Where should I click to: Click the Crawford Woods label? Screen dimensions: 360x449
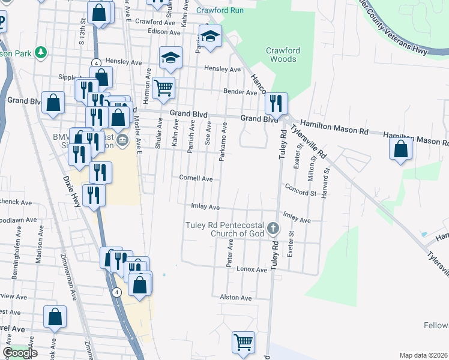point(282,55)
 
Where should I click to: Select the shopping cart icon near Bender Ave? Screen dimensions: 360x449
point(163,88)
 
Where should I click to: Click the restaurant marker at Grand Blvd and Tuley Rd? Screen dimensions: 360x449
point(276,103)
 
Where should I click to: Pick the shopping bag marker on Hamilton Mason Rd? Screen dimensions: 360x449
point(401,149)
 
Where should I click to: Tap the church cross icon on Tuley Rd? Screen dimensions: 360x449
point(273,228)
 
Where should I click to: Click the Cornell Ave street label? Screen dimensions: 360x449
point(196,178)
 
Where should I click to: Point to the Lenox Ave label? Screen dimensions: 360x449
point(252,270)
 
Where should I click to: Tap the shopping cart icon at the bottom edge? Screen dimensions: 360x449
point(243,343)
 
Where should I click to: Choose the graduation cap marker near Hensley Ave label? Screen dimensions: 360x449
point(170,58)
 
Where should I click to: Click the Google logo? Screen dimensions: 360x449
point(20,353)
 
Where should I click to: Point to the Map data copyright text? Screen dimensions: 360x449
point(423,355)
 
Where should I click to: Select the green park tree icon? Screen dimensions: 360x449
point(41,52)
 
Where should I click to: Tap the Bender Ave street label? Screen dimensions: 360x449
point(240,92)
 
